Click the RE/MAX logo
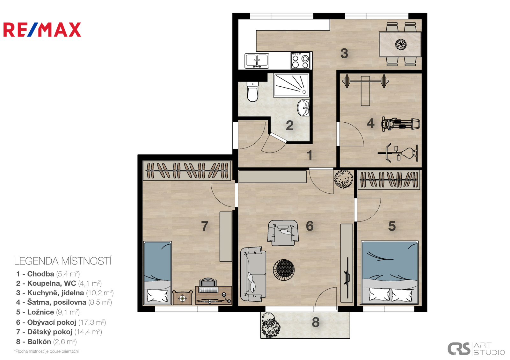coord(42,30)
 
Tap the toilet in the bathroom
coord(252,92)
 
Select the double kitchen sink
coord(257,61)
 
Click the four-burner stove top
coord(300,61)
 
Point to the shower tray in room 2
coord(291,85)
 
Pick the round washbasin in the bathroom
coord(303,108)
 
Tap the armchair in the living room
coord(283,233)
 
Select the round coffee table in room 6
coord(284,270)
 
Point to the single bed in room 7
coord(157,273)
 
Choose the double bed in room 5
coord(390,272)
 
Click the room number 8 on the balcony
coord(316,322)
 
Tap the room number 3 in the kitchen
coord(344,54)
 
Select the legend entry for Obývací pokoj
coord(61,322)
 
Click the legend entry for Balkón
coord(47,342)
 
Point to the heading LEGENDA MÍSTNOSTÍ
coord(63,261)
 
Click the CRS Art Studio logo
coord(476,349)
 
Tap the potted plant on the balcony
coord(271,325)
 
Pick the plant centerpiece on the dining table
coord(401,44)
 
